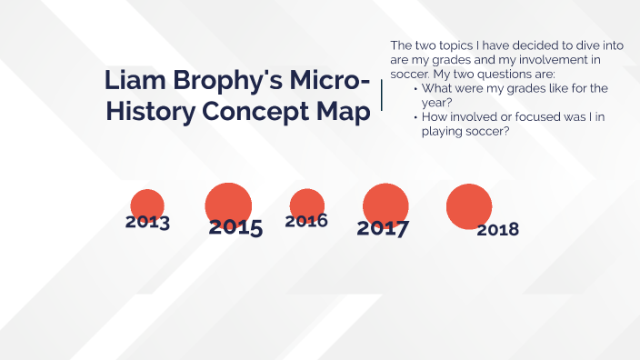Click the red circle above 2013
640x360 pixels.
click(x=147, y=205)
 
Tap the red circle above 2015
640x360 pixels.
click(x=228, y=205)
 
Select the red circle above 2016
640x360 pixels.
click(x=307, y=205)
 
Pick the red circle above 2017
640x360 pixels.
click(x=385, y=206)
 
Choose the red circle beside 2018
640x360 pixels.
click(x=469, y=206)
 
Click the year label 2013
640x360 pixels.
click(x=147, y=222)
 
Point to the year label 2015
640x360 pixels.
click(x=235, y=227)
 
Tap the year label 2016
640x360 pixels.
click(x=306, y=221)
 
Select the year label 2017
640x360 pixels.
click(x=383, y=228)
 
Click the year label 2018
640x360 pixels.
click(x=497, y=229)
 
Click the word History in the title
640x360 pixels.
click(x=149, y=113)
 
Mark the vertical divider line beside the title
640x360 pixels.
click(x=381, y=95)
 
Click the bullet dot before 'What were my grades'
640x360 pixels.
click(x=415, y=89)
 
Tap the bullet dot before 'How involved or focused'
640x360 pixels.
click(x=415, y=117)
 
